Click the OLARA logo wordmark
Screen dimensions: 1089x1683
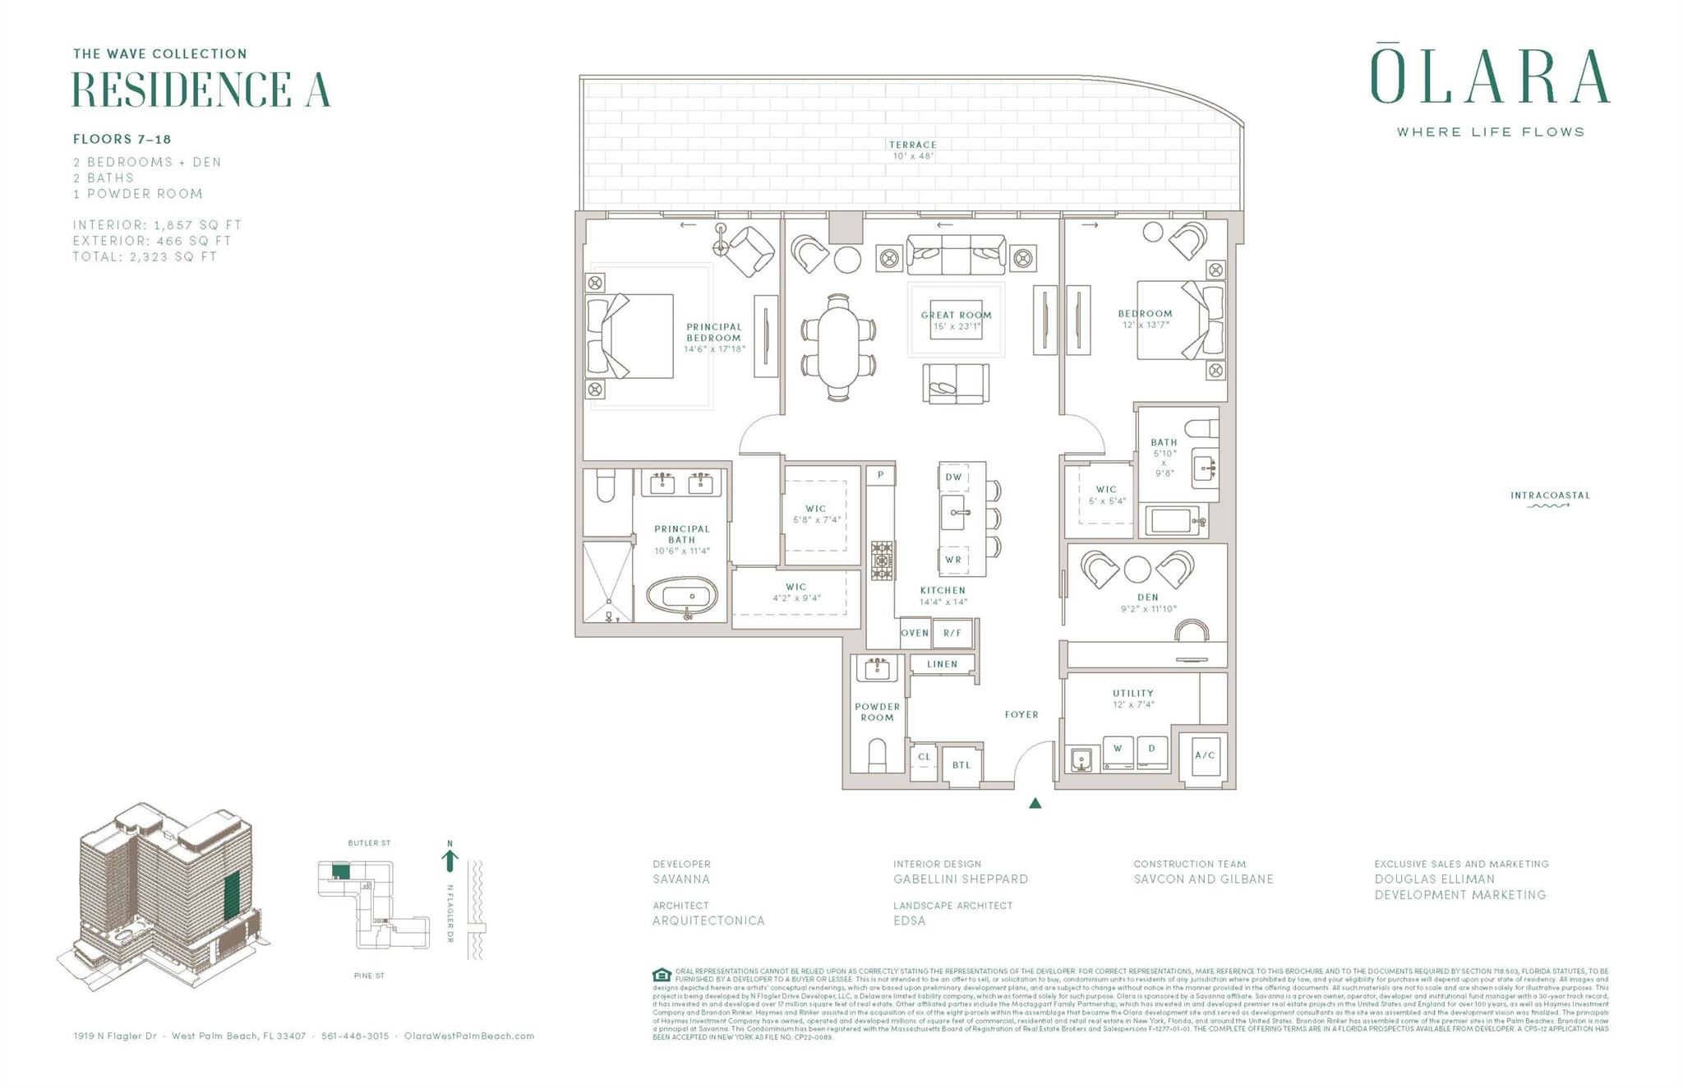pyautogui.click(x=1489, y=78)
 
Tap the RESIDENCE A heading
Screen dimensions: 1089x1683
pyautogui.click(x=201, y=90)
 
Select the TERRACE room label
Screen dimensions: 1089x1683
pyautogui.click(x=912, y=145)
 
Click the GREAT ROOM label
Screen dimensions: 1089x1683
pyautogui.click(x=956, y=315)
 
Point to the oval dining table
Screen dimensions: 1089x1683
pyautogui.click(x=838, y=348)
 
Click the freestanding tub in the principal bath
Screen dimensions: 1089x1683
pyautogui.click(x=682, y=596)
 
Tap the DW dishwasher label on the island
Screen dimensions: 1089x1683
pyautogui.click(x=953, y=477)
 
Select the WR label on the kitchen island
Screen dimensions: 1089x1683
pyautogui.click(x=953, y=560)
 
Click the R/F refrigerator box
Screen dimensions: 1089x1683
pyautogui.click(x=952, y=633)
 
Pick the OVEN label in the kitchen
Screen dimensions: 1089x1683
pyautogui.click(x=915, y=633)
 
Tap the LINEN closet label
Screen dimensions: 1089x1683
pyautogui.click(x=942, y=664)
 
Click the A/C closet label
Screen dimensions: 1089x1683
pyautogui.click(x=1205, y=755)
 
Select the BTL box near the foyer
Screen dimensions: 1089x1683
pyautogui.click(x=961, y=765)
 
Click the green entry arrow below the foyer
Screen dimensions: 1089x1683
pyautogui.click(x=1035, y=803)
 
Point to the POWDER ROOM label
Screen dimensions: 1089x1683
pyautogui.click(x=877, y=712)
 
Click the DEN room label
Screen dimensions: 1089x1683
pyautogui.click(x=1148, y=598)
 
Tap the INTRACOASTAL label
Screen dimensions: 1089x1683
pyautogui.click(x=1550, y=496)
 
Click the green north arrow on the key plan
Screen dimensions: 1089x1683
pyautogui.click(x=450, y=861)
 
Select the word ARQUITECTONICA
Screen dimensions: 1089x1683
pyautogui.click(x=708, y=921)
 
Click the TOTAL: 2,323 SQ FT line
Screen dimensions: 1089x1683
pyautogui.click(x=145, y=256)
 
